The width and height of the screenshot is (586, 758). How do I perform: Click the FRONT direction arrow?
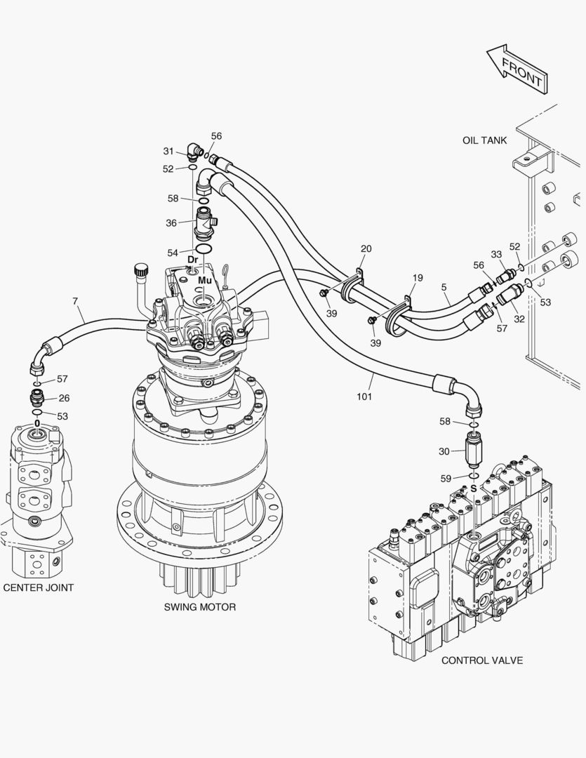click(x=517, y=68)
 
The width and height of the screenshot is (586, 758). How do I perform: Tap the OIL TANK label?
click(x=484, y=140)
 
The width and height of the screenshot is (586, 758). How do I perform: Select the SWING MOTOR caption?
click(x=200, y=607)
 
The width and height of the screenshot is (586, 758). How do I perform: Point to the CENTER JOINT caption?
click(x=38, y=587)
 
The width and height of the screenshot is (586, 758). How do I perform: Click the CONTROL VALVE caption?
click(x=481, y=660)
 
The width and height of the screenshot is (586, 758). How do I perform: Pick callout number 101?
click(x=364, y=397)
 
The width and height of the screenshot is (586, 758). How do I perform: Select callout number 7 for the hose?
click(x=75, y=301)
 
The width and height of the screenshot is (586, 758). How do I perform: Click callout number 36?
click(x=171, y=223)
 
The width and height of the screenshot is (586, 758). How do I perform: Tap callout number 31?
click(x=168, y=151)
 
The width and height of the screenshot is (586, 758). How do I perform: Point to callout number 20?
click(x=366, y=248)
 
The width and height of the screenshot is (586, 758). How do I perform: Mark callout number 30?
click(x=444, y=451)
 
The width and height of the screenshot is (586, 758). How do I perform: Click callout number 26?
click(x=64, y=398)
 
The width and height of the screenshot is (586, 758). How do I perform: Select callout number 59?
click(x=445, y=479)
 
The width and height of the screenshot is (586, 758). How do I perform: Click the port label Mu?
click(x=204, y=280)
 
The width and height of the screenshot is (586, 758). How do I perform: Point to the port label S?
click(x=473, y=488)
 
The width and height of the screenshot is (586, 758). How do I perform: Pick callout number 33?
click(x=496, y=254)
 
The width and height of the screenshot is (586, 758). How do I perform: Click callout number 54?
click(x=173, y=252)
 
